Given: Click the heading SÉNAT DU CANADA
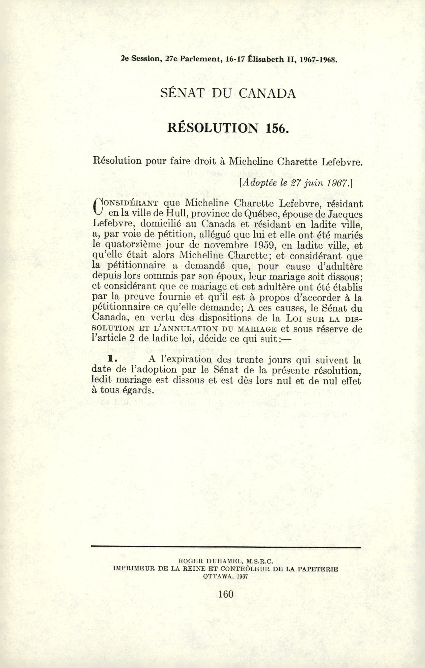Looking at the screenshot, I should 228,94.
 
